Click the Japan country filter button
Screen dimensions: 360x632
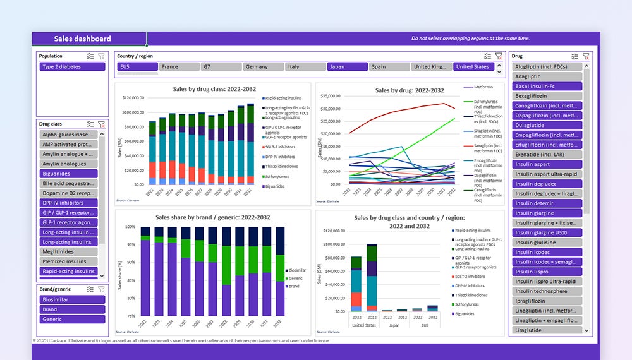(347, 67)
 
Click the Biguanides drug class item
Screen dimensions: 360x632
(69, 174)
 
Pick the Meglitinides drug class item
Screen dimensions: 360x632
(69, 252)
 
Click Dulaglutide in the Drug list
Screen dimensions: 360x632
(547, 125)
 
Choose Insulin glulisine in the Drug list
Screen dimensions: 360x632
(547, 243)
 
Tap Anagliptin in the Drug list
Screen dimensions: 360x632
(547, 76)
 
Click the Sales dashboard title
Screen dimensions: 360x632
(82, 39)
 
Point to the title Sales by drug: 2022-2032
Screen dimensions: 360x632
(410, 90)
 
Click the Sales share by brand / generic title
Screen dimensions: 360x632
(212, 217)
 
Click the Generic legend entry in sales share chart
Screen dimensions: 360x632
(295, 278)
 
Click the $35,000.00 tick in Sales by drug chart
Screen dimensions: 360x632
(331, 96)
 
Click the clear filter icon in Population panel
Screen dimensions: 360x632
(101, 56)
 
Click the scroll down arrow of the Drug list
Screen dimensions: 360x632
(586, 330)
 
